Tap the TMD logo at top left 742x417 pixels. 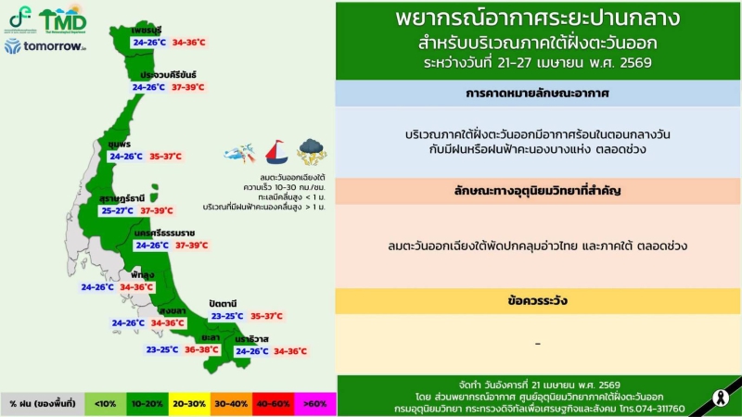pyautogui.click(x=62, y=18)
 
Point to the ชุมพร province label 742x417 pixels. pyautogui.click(x=119, y=145)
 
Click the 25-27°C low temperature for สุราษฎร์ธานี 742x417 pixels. pyautogui.click(x=119, y=210)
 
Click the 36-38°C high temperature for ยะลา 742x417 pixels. pyautogui.click(x=201, y=350)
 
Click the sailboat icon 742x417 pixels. pyautogui.click(x=276, y=151)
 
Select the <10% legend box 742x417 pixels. pyautogui.click(x=107, y=404)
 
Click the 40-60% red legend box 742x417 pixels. pyautogui.click(x=274, y=404)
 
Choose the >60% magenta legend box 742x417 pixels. pyautogui.click(x=315, y=404)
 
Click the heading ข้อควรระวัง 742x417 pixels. pyautogui.click(x=538, y=301)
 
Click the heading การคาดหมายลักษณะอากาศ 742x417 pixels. pyautogui.click(x=538, y=95)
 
